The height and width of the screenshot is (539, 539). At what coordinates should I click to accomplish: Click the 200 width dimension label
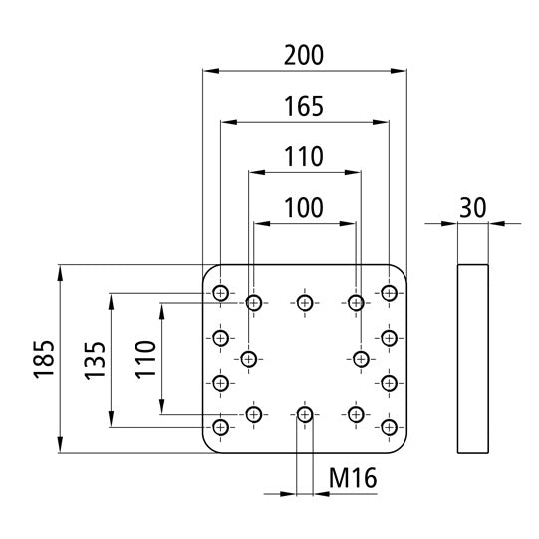click(x=304, y=55)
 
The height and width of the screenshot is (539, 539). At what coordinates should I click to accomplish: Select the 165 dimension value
click(x=304, y=106)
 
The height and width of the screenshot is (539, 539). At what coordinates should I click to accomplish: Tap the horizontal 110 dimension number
click(x=304, y=156)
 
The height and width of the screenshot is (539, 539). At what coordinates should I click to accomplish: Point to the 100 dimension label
click(x=304, y=207)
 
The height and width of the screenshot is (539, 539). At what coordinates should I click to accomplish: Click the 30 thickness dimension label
click(x=473, y=207)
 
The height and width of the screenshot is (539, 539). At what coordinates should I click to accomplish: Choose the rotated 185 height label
click(x=43, y=357)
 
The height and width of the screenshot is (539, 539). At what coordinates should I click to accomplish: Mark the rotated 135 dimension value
click(x=94, y=361)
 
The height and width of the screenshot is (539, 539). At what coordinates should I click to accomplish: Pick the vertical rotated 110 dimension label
click(x=144, y=361)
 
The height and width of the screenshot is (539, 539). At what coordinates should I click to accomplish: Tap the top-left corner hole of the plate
click(x=220, y=292)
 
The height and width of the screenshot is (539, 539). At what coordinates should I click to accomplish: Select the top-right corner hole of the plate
click(x=389, y=292)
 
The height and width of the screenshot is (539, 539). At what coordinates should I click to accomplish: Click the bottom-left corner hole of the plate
click(x=220, y=427)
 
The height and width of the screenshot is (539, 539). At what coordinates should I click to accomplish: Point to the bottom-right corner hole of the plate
click(x=389, y=427)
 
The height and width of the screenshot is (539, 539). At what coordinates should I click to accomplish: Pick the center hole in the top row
click(x=304, y=301)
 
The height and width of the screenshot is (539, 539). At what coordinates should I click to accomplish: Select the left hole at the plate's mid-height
click(x=249, y=359)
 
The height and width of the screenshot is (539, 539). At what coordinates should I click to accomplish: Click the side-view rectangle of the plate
click(x=473, y=357)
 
